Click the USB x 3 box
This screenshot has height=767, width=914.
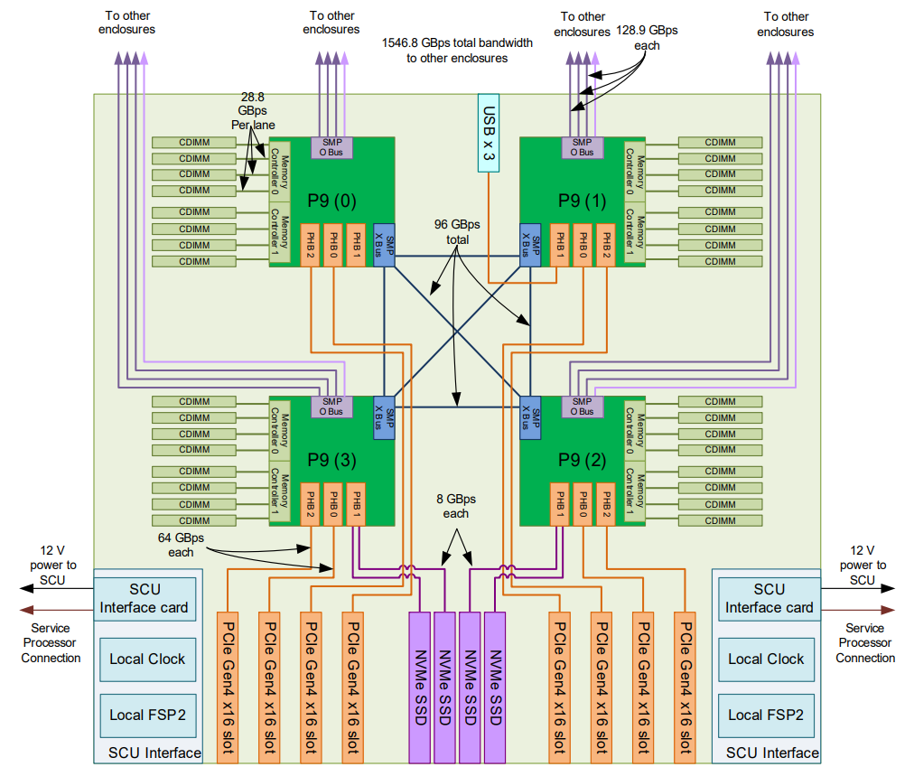pyautogui.click(x=489, y=133)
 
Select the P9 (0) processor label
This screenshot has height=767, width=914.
pyautogui.click(x=331, y=201)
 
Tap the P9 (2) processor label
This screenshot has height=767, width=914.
pyautogui.click(x=583, y=460)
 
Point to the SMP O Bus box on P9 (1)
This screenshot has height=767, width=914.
pyautogui.click(x=583, y=147)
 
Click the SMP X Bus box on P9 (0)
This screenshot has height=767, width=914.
pyautogui.click(x=384, y=245)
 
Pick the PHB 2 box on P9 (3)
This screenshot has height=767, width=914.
pyautogui.click(x=310, y=504)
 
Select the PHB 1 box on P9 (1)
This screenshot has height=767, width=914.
pyautogui.click(x=560, y=245)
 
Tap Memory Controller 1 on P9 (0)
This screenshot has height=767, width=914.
pyautogui.click(x=280, y=232)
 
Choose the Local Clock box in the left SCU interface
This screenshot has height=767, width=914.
pyautogui.click(x=147, y=659)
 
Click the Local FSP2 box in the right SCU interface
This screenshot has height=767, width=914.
pyautogui.click(x=766, y=716)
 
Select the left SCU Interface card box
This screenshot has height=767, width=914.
pyautogui.click(x=145, y=599)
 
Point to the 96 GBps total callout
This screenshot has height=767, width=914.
pyautogui.click(x=457, y=232)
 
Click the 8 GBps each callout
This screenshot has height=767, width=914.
pyautogui.click(x=456, y=506)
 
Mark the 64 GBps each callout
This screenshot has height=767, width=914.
pyautogui.click(x=181, y=545)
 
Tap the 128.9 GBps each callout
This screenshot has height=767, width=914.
pyautogui.click(x=647, y=38)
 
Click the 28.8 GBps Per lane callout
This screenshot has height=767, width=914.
pyautogui.click(x=253, y=111)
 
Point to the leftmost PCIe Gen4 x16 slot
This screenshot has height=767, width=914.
pyautogui.click(x=228, y=687)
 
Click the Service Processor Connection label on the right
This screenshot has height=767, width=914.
pyautogui.click(x=865, y=642)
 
